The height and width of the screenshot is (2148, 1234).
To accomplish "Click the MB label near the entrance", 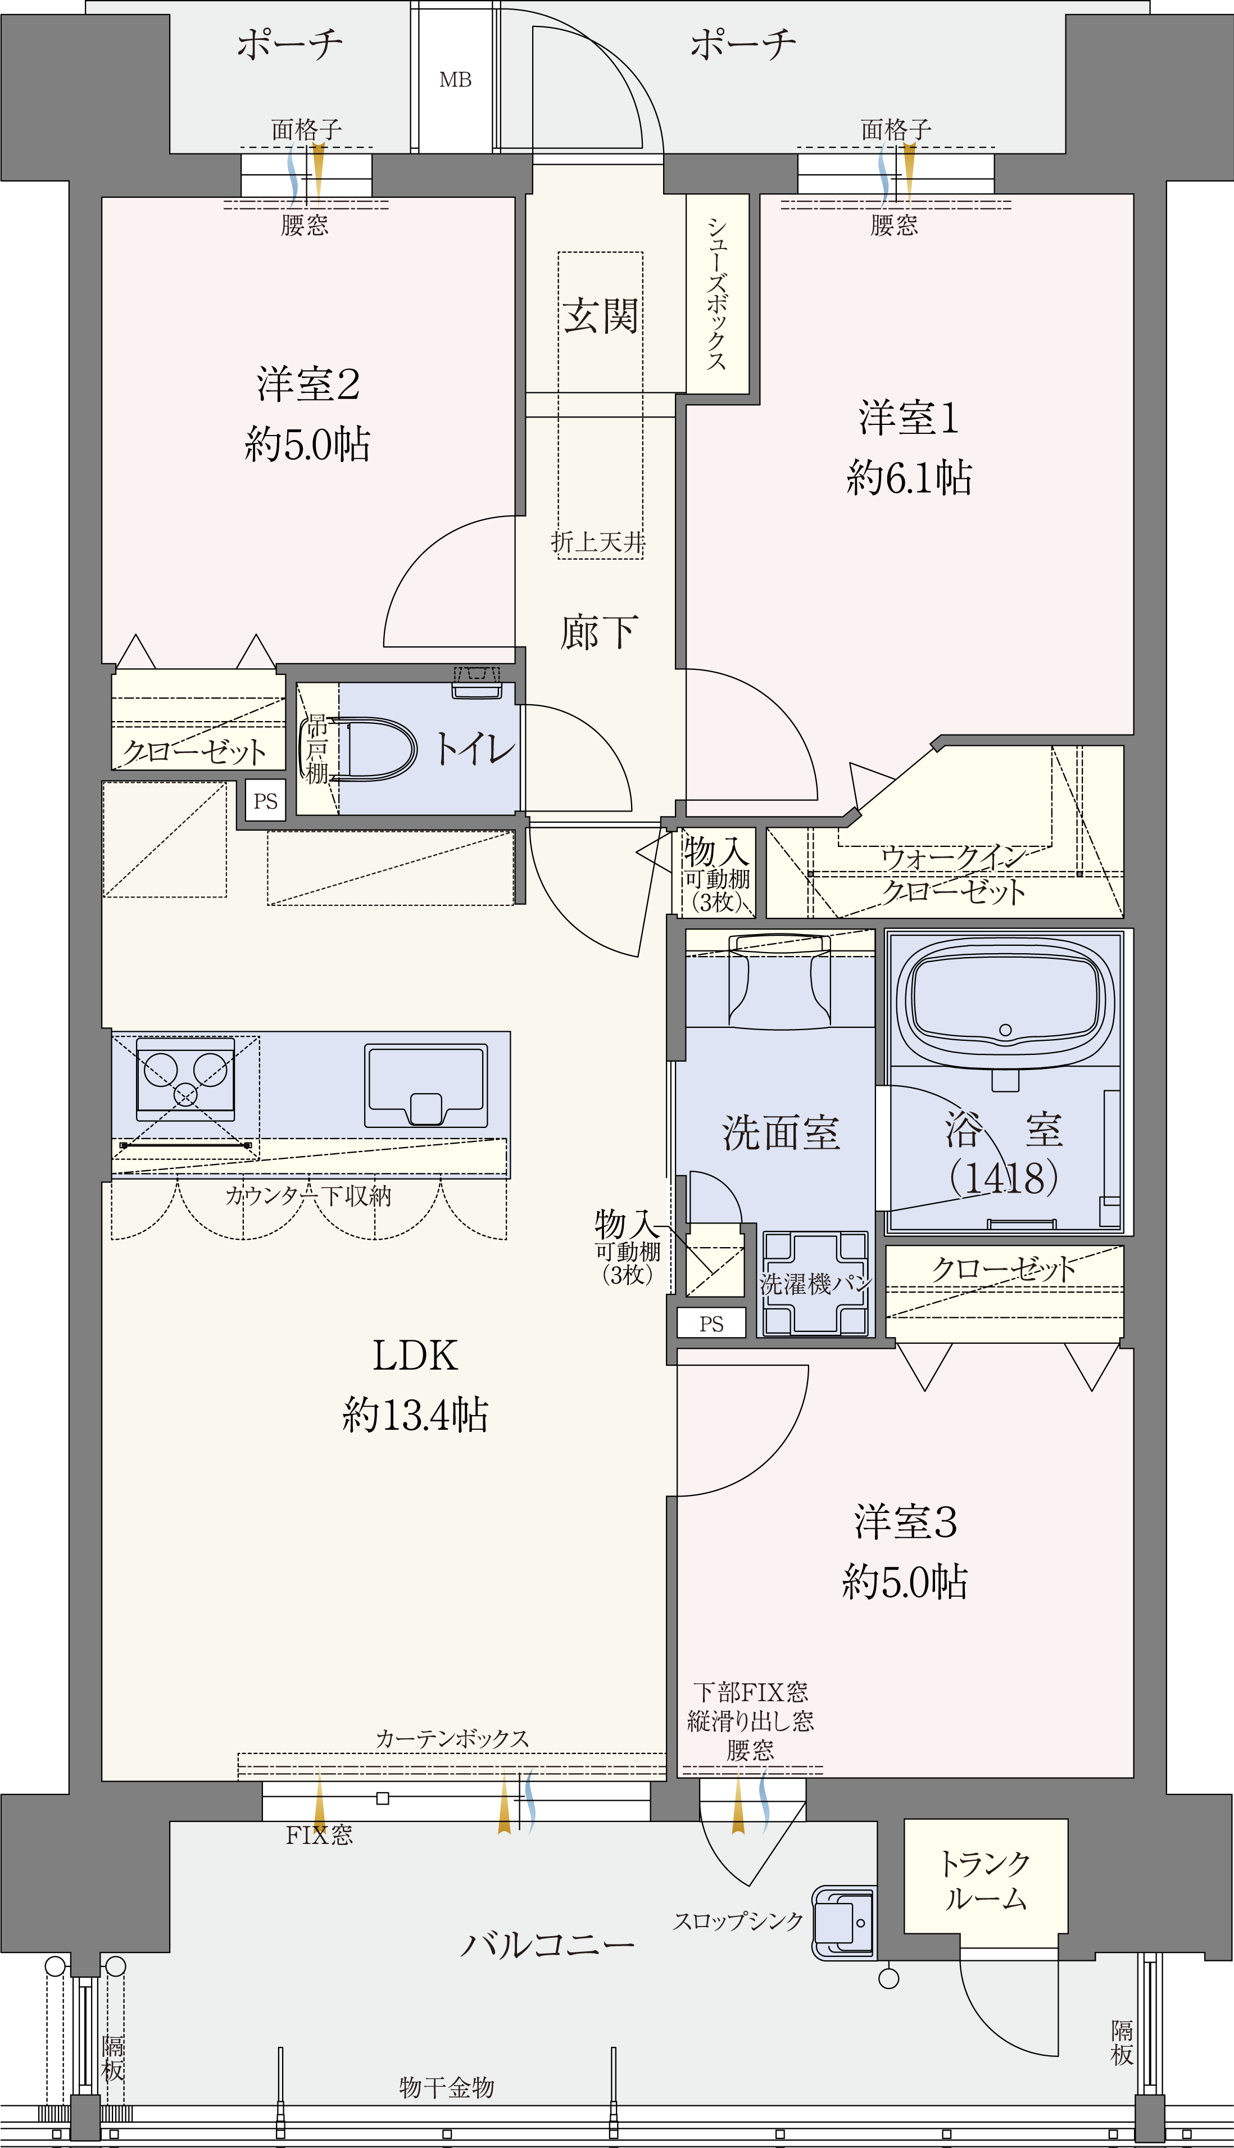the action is [455, 80].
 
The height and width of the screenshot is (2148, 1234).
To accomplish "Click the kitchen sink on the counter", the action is [427, 1085].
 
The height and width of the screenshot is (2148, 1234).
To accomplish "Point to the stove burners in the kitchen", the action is [185, 1073].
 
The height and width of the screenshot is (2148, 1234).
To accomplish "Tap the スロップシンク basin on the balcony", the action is [844, 1923].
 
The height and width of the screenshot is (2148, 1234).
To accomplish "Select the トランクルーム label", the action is [986, 1880].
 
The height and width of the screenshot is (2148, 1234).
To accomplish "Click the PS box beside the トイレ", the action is [265, 801].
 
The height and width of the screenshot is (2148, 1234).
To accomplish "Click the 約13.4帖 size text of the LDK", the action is [415, 1415].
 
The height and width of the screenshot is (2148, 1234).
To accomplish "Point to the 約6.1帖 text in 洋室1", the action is [909, 477].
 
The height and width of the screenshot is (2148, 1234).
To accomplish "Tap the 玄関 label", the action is [601, 315].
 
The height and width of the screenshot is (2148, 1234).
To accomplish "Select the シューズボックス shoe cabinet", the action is [717, 293].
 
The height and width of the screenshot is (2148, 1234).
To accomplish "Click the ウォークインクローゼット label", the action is [954, 875].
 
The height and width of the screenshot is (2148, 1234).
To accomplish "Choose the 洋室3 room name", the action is [905, 1521].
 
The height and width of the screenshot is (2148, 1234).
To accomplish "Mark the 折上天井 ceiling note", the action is [598, 542].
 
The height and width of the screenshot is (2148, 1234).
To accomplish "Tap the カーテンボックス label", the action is [452, 1738].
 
